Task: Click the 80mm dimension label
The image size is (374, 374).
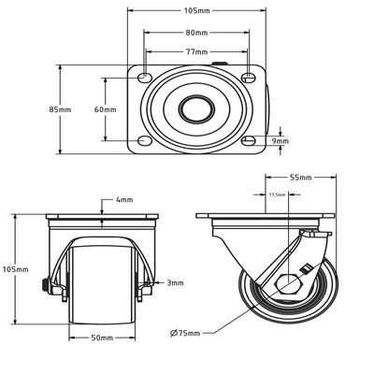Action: [196, 33]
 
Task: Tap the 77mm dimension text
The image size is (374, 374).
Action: [196, 51]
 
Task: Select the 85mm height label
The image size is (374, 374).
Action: [60, 109]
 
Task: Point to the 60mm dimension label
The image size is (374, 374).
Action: [106, 109]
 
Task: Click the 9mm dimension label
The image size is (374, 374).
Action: [280, 141]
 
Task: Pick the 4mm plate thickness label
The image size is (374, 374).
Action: [124, 200]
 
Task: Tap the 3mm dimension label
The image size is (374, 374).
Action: [175, 283]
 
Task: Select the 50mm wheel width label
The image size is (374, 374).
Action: [102, 338]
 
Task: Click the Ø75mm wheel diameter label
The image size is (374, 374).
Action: [185, 333]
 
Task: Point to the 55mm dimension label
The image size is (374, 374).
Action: [301, 178]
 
